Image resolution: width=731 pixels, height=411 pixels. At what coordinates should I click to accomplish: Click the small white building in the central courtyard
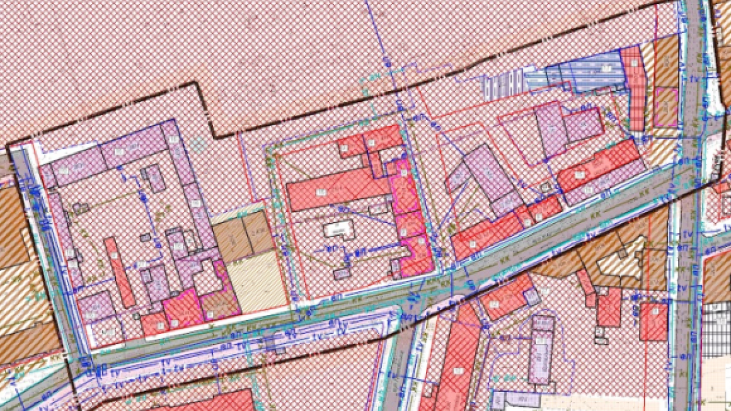tap(339, 229)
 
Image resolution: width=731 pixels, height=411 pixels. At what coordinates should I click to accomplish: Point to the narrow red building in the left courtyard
tap(119, 272)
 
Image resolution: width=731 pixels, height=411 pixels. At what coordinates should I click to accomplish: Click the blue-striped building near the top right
tap(583, 72)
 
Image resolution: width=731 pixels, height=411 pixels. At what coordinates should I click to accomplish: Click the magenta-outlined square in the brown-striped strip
tap(665, 107)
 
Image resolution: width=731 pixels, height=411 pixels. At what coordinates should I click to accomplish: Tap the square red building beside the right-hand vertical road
tap(653, 321)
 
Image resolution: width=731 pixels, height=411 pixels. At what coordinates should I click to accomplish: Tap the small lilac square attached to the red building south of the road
tap(532, 296)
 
